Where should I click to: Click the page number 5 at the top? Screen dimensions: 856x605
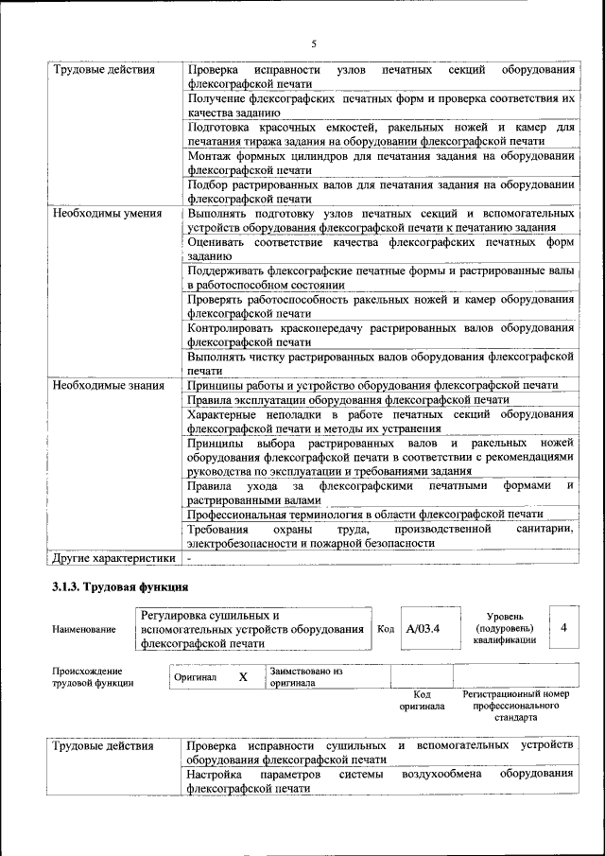(313, 43)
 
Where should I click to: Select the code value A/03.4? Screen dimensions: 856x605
(423, 628)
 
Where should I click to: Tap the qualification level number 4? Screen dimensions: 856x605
(563, 627)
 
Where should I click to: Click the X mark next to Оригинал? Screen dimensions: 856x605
(243, 677)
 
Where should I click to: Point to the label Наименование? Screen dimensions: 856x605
(85, 629)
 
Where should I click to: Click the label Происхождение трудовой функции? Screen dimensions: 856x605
(93, 676)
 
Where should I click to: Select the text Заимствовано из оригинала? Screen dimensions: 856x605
(305, 676)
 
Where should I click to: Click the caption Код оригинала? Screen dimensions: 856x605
(422, 700)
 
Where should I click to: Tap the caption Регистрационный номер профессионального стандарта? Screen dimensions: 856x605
(515, 706)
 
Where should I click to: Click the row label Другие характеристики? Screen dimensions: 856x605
(113, 558)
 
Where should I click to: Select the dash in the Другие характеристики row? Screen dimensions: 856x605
(190, 558)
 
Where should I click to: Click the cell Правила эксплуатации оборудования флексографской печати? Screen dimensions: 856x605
(348, 400)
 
